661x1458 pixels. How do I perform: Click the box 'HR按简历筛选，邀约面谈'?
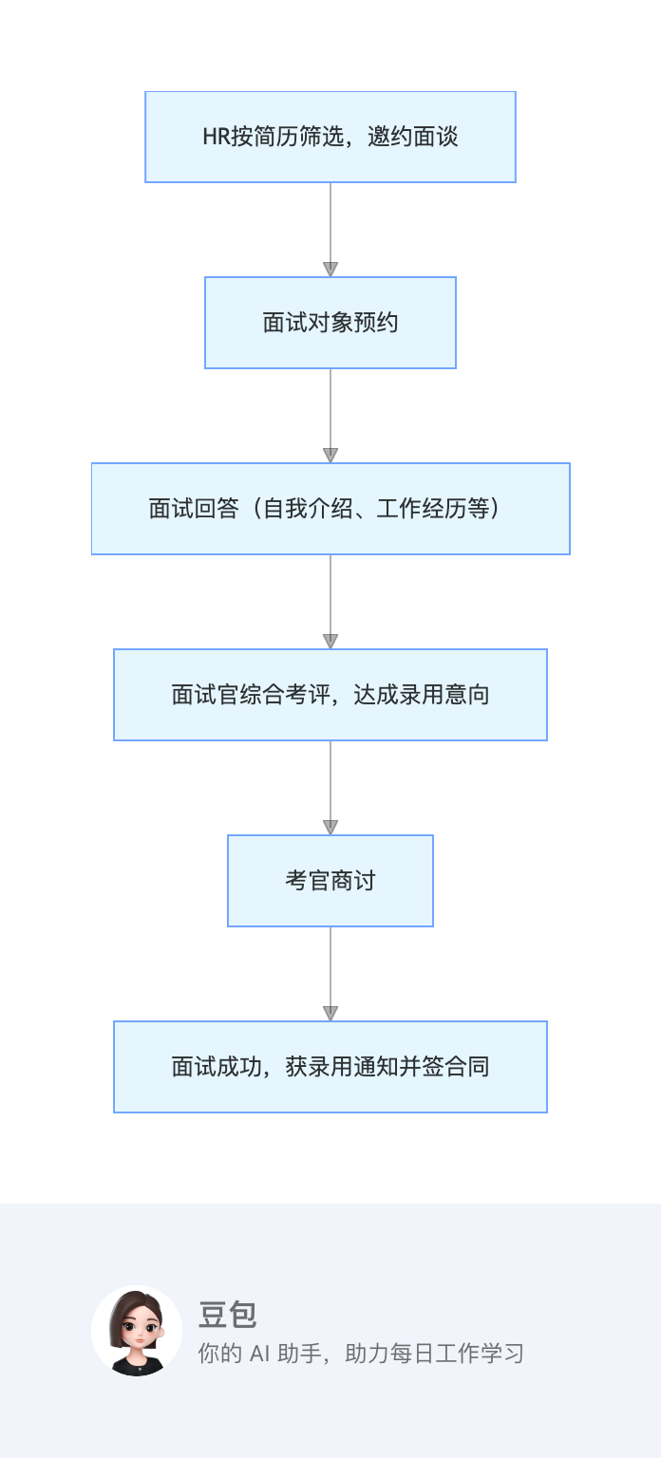330,137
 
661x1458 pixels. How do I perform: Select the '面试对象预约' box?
330,323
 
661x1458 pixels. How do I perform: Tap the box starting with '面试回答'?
330,509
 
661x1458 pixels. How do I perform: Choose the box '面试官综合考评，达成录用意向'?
330,695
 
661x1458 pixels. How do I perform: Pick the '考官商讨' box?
330,881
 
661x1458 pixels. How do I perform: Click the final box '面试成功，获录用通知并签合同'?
330,1067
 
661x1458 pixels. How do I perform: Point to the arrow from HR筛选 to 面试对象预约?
330,229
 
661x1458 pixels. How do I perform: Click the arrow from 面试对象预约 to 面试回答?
330,415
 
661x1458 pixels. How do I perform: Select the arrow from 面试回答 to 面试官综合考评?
330,601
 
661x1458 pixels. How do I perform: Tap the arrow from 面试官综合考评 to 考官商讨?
330,787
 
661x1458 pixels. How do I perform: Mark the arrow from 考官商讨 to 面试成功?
330,973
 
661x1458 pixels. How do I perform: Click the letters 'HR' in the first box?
216,137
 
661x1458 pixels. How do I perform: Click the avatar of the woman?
137,1331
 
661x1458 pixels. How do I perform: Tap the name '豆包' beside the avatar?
227,1315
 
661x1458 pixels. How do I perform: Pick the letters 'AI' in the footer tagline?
260,1354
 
